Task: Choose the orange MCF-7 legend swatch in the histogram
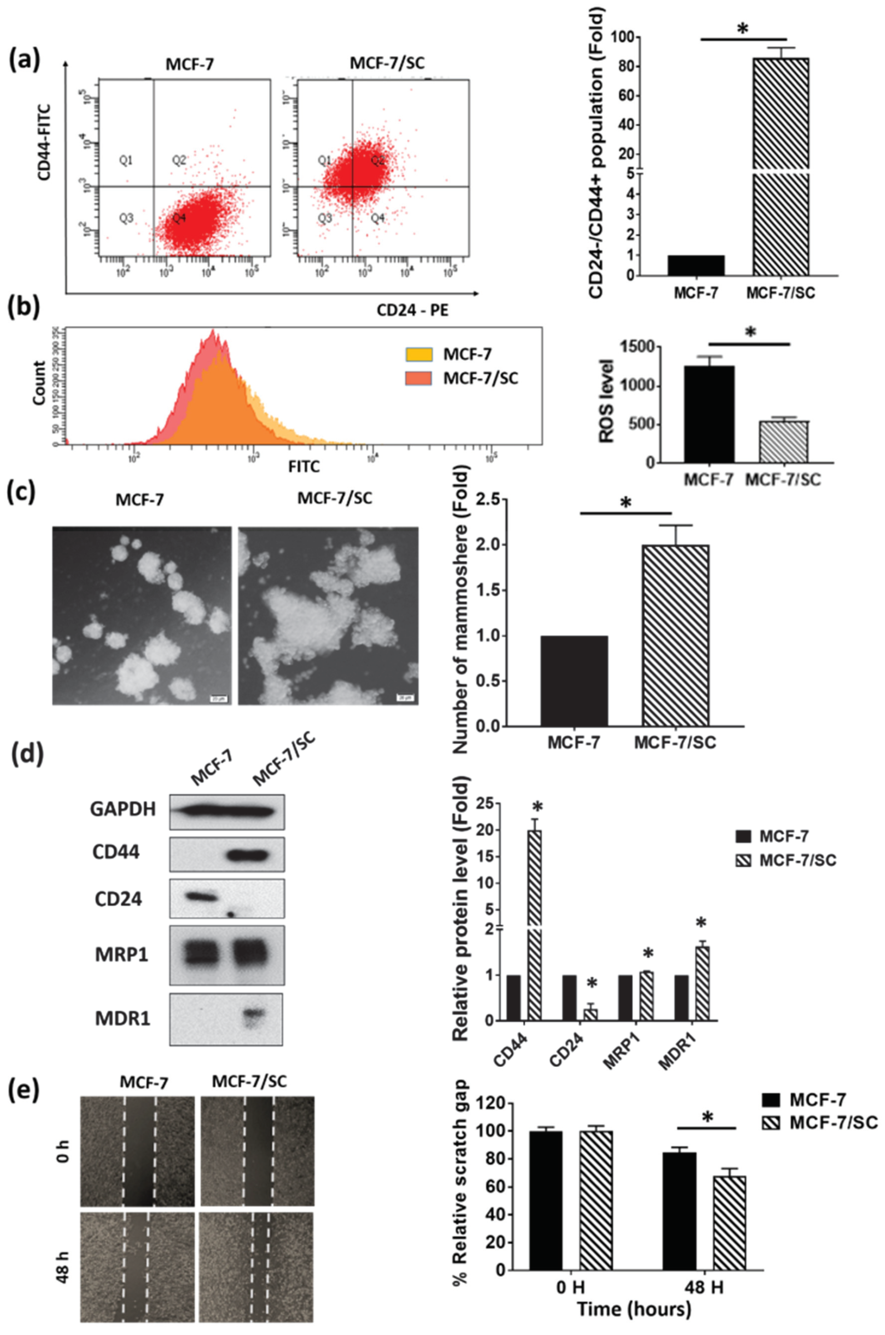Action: point(419,354)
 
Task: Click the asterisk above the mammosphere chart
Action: point(625,503)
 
